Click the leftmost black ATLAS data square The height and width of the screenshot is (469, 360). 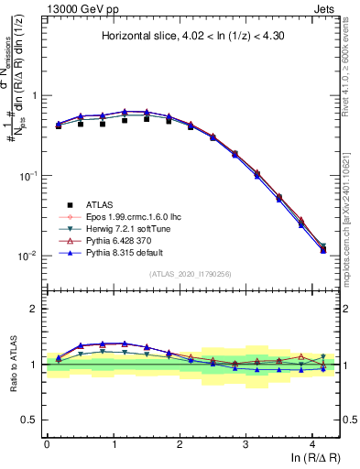point(59,125)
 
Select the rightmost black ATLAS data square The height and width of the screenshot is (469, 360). point(322,249)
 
